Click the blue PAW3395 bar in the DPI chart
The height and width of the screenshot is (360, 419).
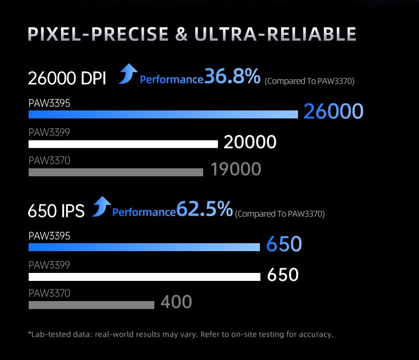click(163, 114)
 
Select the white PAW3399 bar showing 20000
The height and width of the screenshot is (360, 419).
click(123, 144)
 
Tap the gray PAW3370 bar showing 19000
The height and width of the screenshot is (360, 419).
click(116, 172)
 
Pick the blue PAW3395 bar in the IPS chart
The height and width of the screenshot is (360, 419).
click(144, 247)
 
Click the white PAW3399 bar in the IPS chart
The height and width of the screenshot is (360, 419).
click(144, 277)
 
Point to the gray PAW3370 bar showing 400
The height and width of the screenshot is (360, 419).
click(91, 305)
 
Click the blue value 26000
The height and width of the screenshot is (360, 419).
click(333, 112)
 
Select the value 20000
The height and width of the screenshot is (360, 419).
click(250, 142)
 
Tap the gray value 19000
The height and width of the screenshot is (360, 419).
click(235, 169)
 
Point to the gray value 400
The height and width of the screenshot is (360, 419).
click(176, 302)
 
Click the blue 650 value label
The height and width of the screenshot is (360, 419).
click(284, 245)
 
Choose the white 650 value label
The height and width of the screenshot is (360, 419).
click(283, 275)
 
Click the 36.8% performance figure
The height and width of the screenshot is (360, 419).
click(232, 77)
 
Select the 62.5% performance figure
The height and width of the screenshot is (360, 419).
click(204, 209)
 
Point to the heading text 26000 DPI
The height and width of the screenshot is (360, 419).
click(67, 79)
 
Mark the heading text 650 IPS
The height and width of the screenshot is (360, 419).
click(56, 211)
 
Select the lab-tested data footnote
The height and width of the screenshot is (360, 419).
click(180, 335)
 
